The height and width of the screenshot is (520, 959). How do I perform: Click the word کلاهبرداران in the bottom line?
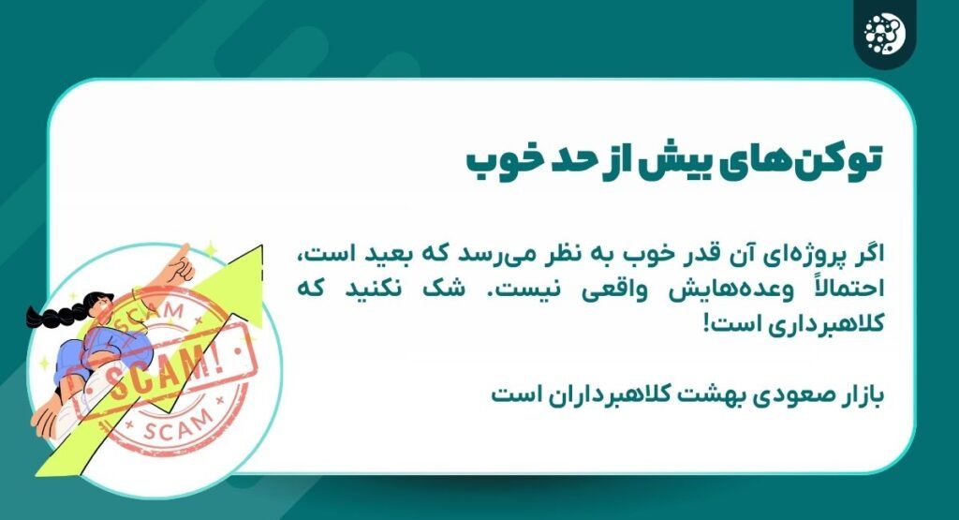pyautogui.click(x=617, y=394)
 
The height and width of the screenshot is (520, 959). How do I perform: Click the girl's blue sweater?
pyautogui.click(x=80, y=352)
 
